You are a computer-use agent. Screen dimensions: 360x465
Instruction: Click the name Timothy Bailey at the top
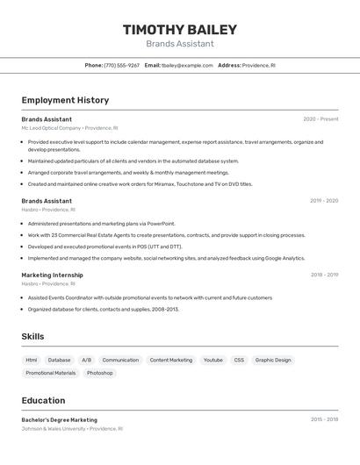pos(180,29)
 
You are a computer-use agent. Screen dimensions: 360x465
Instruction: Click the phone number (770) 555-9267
pos(121,65)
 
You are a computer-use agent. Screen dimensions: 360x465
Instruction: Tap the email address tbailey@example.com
pos(188,65)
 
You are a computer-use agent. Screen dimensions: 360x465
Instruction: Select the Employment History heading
pos(65,100)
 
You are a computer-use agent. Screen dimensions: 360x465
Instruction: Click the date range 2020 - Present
pos(320,119)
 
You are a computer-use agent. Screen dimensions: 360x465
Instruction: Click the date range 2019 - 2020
pos(324,201)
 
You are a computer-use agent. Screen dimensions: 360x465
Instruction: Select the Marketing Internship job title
pos(52,275)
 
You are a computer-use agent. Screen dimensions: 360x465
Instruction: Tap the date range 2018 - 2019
pos(324,275)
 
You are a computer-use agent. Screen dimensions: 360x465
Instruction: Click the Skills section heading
pos(32,336)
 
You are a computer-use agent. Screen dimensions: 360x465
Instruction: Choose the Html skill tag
pos(32,360)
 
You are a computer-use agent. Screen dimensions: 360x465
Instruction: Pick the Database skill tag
pos(60,360)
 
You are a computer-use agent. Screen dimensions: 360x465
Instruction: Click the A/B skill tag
pos(86,360)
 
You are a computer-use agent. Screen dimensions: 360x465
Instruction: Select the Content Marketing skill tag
pos(170,360)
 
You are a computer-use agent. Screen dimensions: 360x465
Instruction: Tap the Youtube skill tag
pos(212,360)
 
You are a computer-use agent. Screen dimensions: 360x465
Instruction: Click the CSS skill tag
pos(239,360)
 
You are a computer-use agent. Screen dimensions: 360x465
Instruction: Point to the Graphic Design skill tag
pos(273,360)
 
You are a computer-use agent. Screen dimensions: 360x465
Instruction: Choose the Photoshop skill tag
pos(99,373)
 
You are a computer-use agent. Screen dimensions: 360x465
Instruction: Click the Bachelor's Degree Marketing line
pos(60,419)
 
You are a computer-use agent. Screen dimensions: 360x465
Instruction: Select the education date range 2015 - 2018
pos(324,419)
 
